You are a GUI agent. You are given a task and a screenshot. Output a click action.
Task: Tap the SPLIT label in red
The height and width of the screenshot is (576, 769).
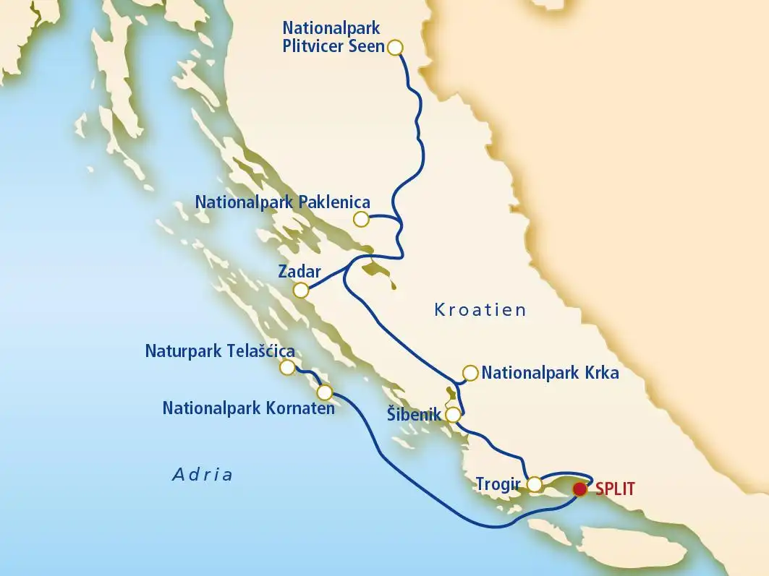pyautogui.click(x=615, y=489)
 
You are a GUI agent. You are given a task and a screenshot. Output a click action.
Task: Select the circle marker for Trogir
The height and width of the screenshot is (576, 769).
pyautogui.click(x=534, y=483)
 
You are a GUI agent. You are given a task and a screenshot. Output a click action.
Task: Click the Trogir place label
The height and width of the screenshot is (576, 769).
pyautogui.click(x=498, y=483)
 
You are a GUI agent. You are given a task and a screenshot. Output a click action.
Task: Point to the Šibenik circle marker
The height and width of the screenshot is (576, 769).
pyautogui.click(x=453, y=415)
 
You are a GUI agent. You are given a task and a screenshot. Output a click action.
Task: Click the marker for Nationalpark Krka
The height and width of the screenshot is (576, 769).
pyautogui.click(x=470, y=373)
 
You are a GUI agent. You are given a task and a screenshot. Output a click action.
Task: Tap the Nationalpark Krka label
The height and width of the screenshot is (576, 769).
pyautogui.click(x=550, y=374)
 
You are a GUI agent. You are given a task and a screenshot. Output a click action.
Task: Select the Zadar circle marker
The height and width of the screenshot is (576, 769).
pyautogui.click(x=301, y=291)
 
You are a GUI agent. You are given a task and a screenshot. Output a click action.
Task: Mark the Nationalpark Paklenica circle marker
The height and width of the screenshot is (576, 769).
pyautogui.click(x=360, y=218)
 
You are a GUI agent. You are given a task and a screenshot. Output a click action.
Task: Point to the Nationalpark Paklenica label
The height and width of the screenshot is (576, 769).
pyautogui.click(x=283, y=202)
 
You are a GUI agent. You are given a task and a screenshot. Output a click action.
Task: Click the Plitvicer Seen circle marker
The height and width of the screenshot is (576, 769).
pyautogui.click(x=395, y=48)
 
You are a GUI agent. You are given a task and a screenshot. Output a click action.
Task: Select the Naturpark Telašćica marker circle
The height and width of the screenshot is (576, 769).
pyautogui.click(x=287, y=368)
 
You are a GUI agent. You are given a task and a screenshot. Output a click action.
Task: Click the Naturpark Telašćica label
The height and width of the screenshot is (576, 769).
pyautogui.click(x=220, y=351)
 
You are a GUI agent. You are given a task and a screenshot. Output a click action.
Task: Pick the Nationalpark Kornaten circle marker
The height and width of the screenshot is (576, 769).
pyautogui.click(x=325, y=392)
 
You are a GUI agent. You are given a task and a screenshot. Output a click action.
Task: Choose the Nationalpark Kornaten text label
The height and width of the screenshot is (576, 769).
pyautogui.click(x=248, y=408)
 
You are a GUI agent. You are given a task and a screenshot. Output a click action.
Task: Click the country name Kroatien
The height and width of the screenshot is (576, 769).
pyautogui.click(x=480, y=311)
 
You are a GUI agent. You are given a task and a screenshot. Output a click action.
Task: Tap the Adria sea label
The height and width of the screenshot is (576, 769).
pyautogui.click(x=203, y=475)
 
